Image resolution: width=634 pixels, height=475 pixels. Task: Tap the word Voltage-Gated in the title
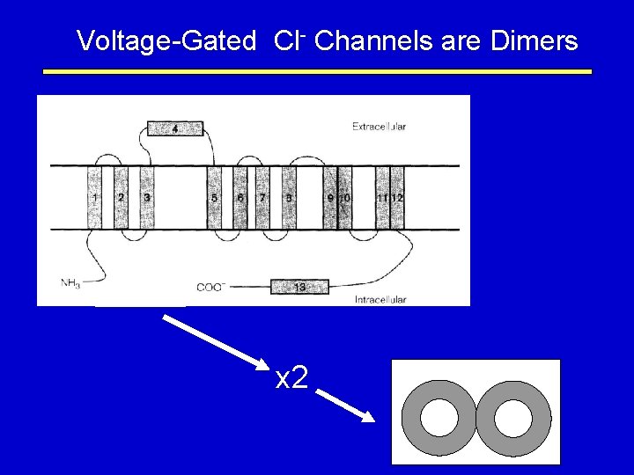(166, 40)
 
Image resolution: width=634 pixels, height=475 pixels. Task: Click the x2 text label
(291, 378)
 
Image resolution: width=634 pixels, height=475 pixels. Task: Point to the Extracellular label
(379, 127)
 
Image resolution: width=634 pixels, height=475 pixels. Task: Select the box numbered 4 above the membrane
(174, 129)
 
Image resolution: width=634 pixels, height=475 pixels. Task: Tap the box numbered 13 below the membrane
(299, 287)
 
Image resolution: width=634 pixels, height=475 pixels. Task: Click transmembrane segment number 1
(94, 198)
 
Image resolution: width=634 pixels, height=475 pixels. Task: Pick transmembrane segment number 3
(147, 198)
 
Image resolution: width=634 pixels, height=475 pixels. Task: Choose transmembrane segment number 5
(214, 198)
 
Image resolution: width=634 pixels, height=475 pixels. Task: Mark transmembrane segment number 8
(289, 198)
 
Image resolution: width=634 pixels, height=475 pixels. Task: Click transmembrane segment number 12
(397, 198)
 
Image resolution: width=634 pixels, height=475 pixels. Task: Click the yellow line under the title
(317, 72)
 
